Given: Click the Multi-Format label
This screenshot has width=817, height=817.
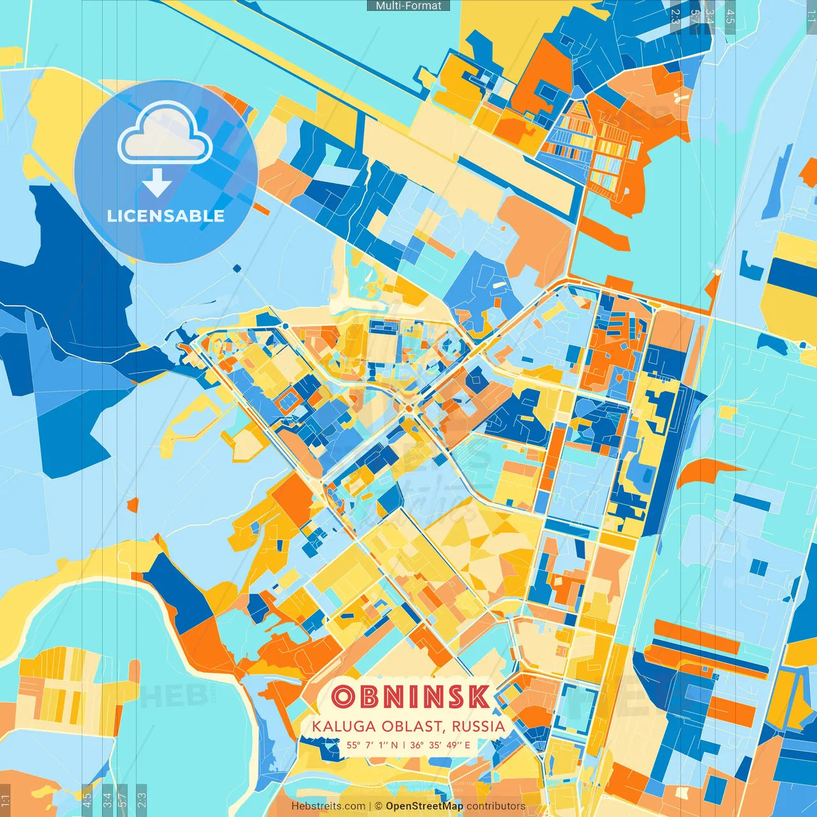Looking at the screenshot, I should [408, 6].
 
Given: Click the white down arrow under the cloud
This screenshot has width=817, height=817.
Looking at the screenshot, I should [157, 183].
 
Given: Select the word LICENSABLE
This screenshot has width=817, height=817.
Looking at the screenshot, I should [166, 216].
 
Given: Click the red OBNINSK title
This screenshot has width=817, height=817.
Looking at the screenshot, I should [410, 697].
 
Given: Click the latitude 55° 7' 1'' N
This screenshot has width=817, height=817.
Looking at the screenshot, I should [372, 745].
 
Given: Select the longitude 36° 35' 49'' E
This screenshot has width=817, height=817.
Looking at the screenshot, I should [440, 745].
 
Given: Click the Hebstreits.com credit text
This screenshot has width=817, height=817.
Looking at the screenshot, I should [328, 806].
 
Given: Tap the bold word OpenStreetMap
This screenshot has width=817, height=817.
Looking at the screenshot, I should [424, 806].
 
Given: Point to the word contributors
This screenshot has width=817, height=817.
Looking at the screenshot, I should [496, 806].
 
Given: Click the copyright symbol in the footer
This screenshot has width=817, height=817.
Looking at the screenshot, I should [379, 806].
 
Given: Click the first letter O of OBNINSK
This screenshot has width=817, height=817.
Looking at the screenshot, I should [343, 697].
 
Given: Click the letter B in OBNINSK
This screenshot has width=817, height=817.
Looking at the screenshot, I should [369, 697].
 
